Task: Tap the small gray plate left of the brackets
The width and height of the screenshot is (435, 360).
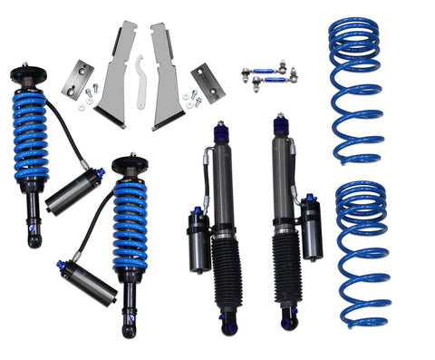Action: coord(78,79)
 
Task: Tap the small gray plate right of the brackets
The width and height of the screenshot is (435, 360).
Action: coord(208,82)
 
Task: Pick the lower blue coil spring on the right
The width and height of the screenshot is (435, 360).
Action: coord(362,254)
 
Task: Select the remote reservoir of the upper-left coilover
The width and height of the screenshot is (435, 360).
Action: coord(73,191)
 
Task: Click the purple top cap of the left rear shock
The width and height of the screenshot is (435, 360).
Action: coord(220,133)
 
